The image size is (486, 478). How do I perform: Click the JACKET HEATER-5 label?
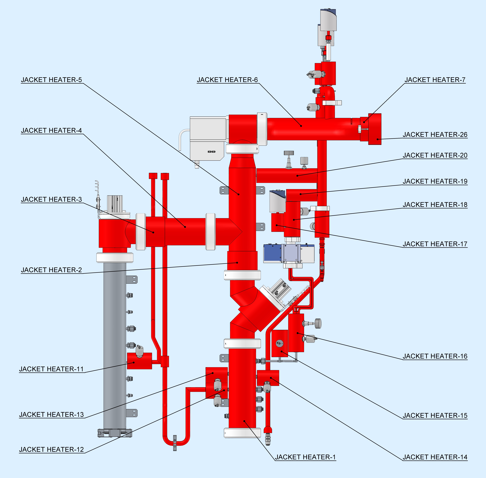[x=52, y=80]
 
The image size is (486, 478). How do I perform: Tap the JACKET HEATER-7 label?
[x=435, y=80]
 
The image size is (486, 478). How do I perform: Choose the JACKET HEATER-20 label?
[x=435, y=155]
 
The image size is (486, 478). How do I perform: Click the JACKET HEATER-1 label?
[x=305, y=457]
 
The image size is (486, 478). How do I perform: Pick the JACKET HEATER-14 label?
[x=435, y=457]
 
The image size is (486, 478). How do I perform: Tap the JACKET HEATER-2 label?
[x=52, y=270]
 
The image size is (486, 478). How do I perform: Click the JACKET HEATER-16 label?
[x=435, y=356]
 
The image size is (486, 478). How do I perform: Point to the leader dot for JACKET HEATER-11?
[x=134, y=362]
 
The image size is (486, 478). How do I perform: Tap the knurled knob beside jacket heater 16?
[x=318, y=323]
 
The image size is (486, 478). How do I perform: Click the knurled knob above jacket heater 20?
[x=289, y=153]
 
